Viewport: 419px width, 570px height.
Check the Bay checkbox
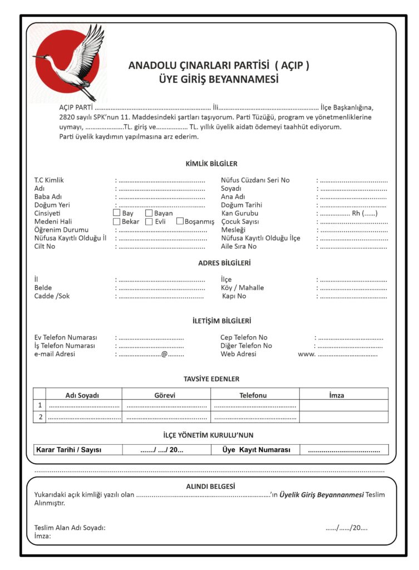(116, 213)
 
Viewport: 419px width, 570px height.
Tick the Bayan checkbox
(149, 213)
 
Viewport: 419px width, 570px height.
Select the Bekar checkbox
(116, 222)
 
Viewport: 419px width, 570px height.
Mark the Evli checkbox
(149, 222)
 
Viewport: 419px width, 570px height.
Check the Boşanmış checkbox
(180, 222)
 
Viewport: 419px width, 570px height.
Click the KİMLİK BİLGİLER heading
(211, 164)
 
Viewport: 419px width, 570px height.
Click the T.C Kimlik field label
(49, 180)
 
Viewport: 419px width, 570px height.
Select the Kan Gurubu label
(240, 213)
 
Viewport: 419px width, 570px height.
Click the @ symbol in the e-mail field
(164, 354)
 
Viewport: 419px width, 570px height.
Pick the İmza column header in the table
(337, 395)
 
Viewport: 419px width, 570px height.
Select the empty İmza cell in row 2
(343, 417)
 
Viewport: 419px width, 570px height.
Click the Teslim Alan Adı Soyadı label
(70, 528)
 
